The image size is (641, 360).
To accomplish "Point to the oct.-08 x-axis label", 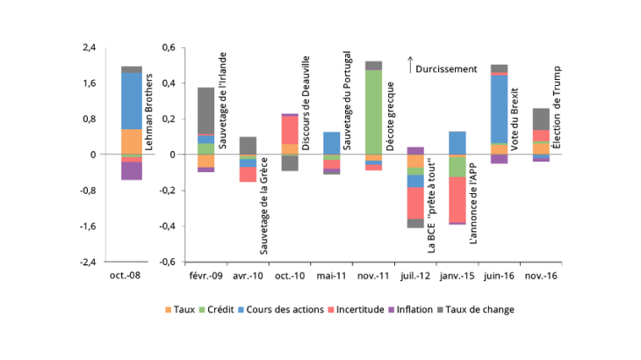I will pos(132,277).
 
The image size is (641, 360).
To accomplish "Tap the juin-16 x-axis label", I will pos(499,277).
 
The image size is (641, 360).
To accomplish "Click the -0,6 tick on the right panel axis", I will pos(166,262).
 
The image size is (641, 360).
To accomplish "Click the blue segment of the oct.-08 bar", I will pos(132,100).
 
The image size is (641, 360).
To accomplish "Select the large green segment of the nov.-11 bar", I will pos(373,112).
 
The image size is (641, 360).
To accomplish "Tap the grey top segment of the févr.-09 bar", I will pos(205,111).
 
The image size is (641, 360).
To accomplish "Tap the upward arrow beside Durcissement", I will pos(410,64).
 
